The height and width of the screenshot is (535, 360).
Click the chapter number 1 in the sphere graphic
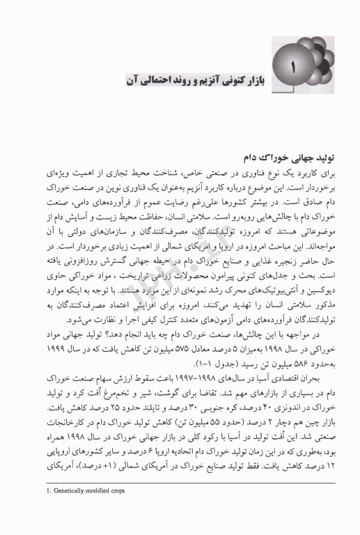tap(293, 70)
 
